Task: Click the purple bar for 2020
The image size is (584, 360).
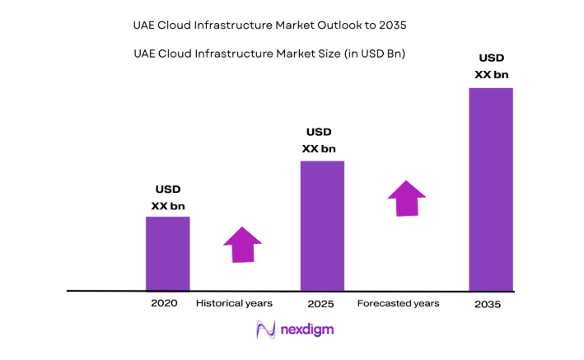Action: (x=167, y=254)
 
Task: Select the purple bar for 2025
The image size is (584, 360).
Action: (x=322, y=226)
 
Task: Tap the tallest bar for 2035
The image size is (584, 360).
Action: (x=491, y=189)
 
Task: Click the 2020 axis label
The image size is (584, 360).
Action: (x=164, y=303)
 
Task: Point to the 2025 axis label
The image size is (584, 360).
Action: (x=320, y=303)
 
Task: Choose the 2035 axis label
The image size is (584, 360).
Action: (x=487, y=304)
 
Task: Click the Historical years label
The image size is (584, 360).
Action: (x=234, y=303)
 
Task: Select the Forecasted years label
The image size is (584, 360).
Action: (x=398, y=303)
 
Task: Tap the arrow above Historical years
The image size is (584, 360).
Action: (x=242, y=244)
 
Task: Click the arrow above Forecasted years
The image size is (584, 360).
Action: (x=406, y=199)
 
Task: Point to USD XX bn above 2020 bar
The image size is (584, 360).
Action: (x=168, y=198)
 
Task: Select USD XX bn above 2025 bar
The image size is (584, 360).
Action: (x=319, y=140)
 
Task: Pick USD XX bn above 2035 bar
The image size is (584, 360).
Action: (x=492, y=66)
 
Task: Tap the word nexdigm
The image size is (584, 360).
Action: (x=306, y=330)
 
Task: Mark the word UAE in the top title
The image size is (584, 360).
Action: (x=147, y=26)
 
